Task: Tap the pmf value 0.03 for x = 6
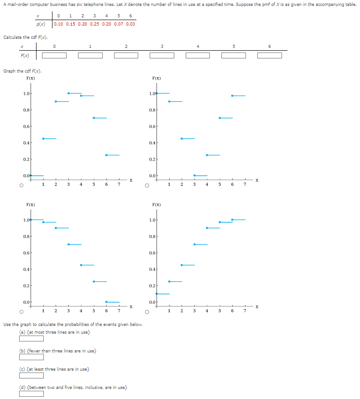point(130,24)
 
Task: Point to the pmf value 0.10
point(58,24)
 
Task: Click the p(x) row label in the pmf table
point(41,24)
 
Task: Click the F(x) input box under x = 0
point(54,56)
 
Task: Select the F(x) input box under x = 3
point(162,56)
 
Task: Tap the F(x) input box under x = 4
point(198,56)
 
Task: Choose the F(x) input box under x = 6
point(269,56)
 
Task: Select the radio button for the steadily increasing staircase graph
point(147,312)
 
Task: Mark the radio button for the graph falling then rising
point(147,186)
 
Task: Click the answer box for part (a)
point(31,338)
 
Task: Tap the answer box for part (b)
point(31,357)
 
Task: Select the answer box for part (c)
point(31,375)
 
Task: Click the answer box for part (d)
point(31,394)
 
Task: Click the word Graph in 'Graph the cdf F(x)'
point(9,71)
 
